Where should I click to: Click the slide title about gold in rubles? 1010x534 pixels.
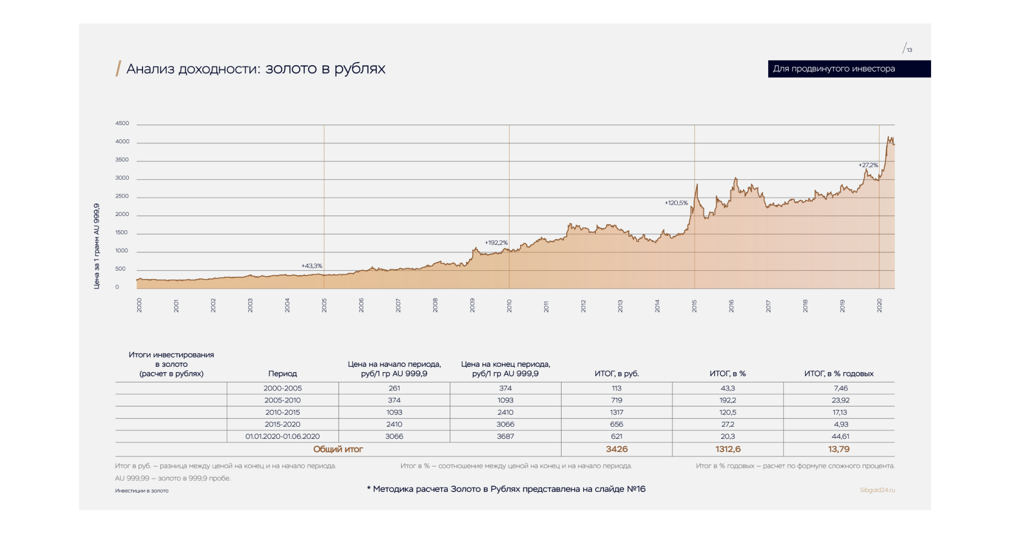click(256, 69)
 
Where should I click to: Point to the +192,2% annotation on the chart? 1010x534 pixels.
click(496, 243)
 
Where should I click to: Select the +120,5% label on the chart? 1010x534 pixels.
click(676, 203)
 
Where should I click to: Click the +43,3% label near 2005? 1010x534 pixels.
click(311, 266)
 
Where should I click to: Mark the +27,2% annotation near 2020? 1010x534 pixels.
click(868, 165)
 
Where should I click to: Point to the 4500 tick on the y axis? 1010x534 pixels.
click(122, 124)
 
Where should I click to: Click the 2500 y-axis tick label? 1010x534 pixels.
click(122, 196)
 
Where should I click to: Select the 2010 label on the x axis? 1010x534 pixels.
click(509, 306)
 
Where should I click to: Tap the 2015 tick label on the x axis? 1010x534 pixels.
click(694, 306)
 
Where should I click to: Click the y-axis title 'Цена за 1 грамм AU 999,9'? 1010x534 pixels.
click(97, 246)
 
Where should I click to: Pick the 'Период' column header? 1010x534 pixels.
click(282, 374)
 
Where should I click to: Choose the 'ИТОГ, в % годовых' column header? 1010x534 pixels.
click(839, 374)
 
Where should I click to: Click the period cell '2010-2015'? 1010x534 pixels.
click(282, 413)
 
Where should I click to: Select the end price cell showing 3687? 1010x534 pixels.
click(505, 436)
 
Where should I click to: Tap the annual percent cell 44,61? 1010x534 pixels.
click(840, 436)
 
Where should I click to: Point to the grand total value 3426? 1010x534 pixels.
click(616, 449)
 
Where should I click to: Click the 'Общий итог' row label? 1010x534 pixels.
click(338, 449)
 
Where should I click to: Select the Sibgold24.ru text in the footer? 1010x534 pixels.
click(877, 490)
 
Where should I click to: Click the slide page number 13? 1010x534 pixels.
click(909, 50)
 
